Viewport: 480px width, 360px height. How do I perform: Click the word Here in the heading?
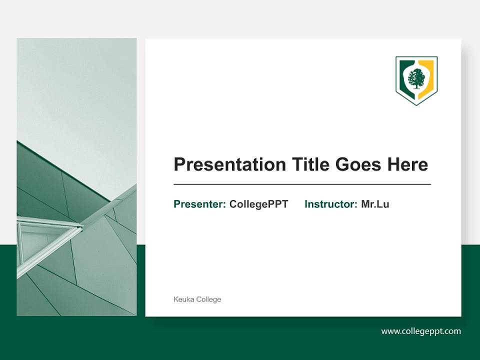[407, 164]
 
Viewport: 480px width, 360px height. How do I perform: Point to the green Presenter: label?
[199, 204]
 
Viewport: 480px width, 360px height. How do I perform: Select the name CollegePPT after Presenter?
[258, 204]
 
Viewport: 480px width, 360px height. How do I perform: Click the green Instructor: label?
[331, 204]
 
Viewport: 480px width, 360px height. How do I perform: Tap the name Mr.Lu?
[375, 204]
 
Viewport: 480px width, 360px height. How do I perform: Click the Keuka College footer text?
[197, 299]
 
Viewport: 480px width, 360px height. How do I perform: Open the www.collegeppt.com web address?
[421, 331]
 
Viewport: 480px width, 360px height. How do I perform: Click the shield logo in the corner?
[416, 80]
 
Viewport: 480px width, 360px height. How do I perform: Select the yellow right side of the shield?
[429, 75]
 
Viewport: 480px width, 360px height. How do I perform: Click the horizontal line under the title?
[302, 184]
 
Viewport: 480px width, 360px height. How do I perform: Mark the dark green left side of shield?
[402, 75]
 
